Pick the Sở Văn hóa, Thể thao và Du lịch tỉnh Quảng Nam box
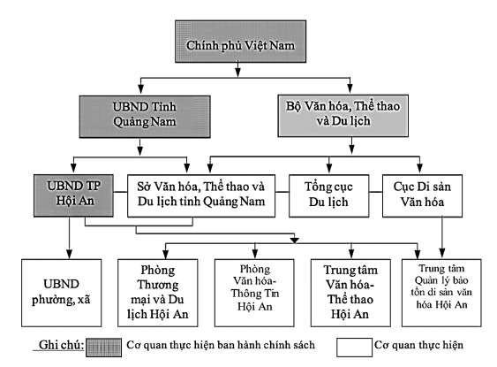pos(205,194)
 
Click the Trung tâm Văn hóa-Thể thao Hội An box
pos(349,290)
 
